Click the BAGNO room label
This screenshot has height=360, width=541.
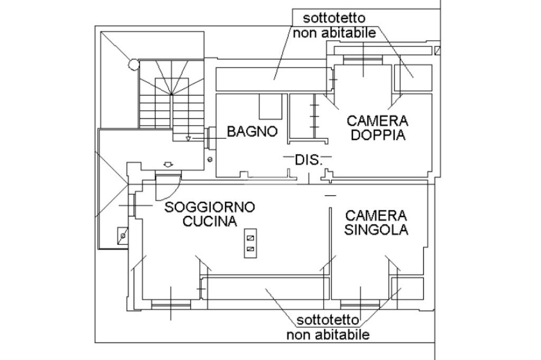(253, 131)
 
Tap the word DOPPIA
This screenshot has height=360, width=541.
(378, 135)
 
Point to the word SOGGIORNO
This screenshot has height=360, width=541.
(210, 207)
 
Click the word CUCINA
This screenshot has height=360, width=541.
(210, 221)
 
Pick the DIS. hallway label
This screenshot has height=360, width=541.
(308, 160)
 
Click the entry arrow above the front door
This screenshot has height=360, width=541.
(169, 165)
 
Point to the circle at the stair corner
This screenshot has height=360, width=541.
(134, 65)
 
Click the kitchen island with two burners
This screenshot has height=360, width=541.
(251, 243)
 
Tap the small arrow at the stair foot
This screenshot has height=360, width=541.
(188, 139)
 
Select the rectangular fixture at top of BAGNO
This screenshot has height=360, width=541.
(271, 107)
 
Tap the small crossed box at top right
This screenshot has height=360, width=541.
(437, 51)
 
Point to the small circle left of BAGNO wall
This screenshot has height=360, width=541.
(210, 159)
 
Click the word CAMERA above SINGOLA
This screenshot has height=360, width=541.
(376, 215)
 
